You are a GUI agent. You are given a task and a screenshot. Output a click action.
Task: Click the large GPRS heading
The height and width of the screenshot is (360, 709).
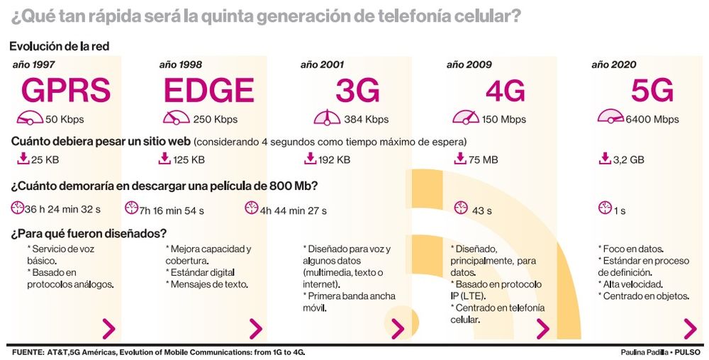(66, 91)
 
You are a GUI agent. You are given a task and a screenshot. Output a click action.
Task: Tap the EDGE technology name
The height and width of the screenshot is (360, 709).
(208, 91)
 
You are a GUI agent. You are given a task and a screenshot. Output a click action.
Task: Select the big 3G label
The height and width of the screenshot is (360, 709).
(357, 91)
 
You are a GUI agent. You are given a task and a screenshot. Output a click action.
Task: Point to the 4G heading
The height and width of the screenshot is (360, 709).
(505, 91)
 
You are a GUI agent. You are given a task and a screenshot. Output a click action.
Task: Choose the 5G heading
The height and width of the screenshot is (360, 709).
(652, 91)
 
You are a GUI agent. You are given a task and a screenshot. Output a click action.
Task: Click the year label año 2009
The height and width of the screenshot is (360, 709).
(469, 64)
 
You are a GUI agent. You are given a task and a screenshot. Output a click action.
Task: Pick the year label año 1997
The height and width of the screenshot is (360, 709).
(33, 64)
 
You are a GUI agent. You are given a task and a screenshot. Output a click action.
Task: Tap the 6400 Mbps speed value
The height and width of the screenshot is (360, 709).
(652, 119)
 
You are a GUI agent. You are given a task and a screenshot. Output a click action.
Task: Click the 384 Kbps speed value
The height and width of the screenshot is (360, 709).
(366, 119)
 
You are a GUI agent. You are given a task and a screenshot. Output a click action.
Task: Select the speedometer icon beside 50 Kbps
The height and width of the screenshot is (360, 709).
(29, 118)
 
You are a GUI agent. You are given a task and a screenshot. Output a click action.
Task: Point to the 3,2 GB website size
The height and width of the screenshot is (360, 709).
(629, 160)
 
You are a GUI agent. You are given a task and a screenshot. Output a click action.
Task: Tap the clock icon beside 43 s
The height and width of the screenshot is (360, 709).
(461, 208)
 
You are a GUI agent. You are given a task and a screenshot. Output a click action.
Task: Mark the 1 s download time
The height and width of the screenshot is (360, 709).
(620, 210)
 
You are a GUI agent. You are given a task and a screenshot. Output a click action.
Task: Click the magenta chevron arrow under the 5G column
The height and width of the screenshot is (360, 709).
(689, 329)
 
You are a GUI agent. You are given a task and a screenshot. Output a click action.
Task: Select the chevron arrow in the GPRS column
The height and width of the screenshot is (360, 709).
(108, 329)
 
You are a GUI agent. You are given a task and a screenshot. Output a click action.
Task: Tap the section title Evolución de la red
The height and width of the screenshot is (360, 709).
(59, 47)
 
